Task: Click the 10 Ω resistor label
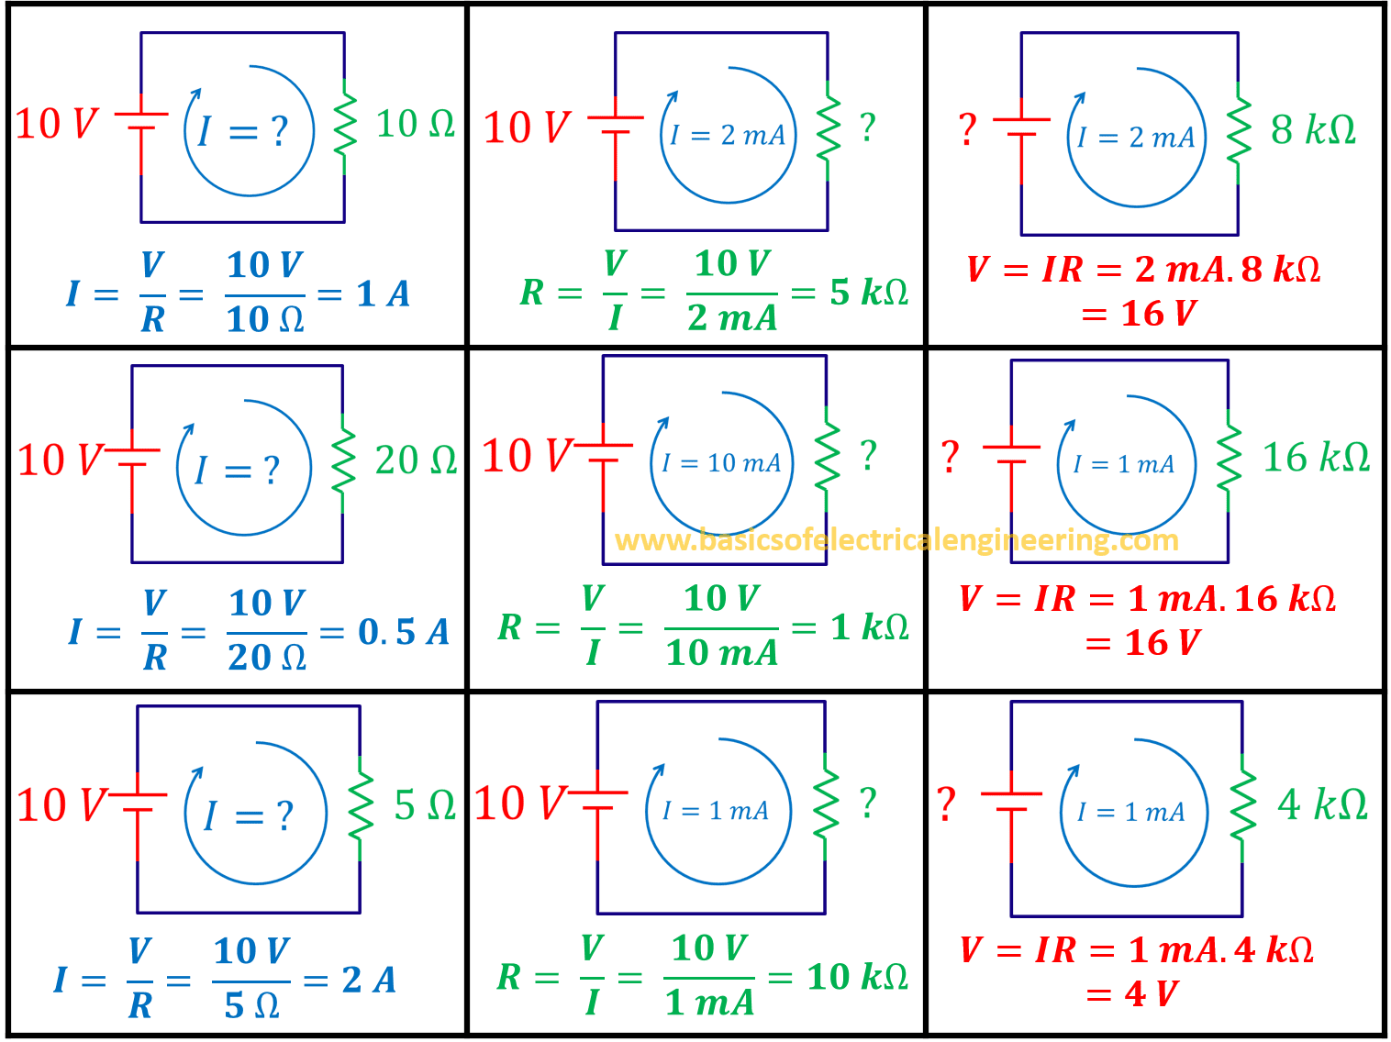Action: [x=415, y=124]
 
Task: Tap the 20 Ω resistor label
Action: [x=416, y=460]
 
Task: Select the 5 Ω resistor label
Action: [x=425, y=805]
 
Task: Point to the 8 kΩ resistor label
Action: [x=1313, y=129]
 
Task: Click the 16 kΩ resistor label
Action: [x=1316, y=457]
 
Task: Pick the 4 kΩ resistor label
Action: [x=1322, y=804]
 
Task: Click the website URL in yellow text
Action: [x=896, y=539]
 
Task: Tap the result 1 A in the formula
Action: [x=384, y=294]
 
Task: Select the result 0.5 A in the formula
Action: [x=404, y=632]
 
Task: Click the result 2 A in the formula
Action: [x=369, y=980]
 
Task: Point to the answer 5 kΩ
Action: [x=869, y=293]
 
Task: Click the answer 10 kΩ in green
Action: [x=858, y=977]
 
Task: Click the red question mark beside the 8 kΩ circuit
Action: [x=966, y=129]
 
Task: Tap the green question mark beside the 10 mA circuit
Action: [x=868, y=456]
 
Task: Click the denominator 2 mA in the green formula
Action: [x=731, y=318]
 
